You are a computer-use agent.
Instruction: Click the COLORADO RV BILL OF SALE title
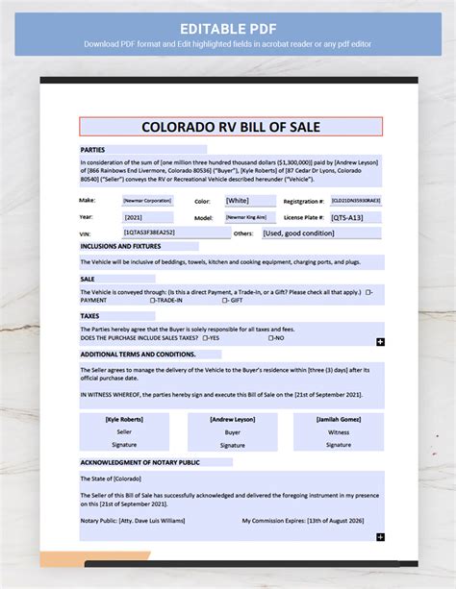[x=230, y=127]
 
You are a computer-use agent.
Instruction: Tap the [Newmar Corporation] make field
[x=147, y=201]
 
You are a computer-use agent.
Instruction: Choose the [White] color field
[x=238, y=201]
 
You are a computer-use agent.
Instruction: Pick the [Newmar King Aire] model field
[x=246, y=218]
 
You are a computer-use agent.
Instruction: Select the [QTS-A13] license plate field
[x=349, y=218]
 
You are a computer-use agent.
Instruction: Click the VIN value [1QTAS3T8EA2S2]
[x=149, y=233]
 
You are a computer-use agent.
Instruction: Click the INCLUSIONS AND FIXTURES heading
[x=120, y=247]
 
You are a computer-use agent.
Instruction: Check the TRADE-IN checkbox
[x=153, y=300]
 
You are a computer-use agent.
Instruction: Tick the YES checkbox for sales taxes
[x=205, y=338]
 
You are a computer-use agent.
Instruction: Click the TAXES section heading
[x=89, y=315]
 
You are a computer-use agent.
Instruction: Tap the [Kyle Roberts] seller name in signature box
[x=124, y=420]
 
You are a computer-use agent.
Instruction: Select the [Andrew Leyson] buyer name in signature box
[x=232, y=420]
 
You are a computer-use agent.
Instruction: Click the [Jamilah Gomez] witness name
[x=339, y=420]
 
